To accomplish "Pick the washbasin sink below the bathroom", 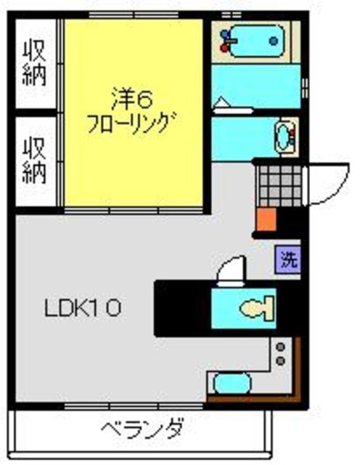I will click(x=284, y=135).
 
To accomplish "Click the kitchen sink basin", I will click(x=231, y=382).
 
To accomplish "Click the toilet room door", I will click(x=232, y=271).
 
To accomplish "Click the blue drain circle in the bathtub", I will click(x=273, y=41).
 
